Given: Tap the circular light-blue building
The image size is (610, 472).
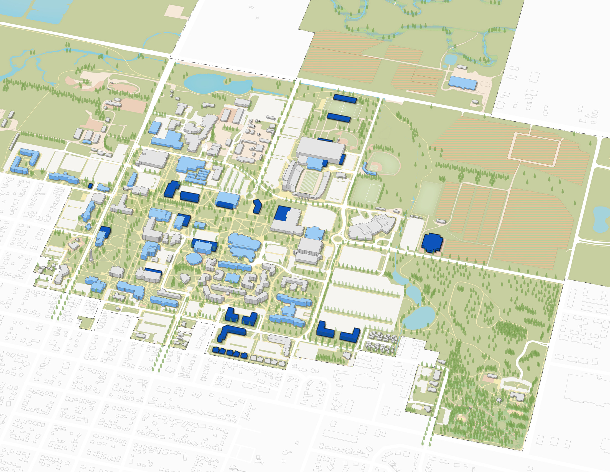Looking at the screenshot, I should click(x=194, y=259).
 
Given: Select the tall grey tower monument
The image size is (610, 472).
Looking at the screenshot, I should click(x=91, y=255).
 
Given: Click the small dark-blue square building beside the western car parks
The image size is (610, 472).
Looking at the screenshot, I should click(x=90, y=185).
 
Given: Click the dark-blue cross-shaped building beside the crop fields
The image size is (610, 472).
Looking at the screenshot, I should click(x=432, y=242).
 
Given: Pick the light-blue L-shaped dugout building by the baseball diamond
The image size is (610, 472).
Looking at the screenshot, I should click(x=369, y=169).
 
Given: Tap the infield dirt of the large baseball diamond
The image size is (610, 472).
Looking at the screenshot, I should click(x=374, y=167).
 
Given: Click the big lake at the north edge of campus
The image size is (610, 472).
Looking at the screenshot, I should click(x=215, y=83).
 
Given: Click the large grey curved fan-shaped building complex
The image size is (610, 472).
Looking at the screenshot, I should click(x=372, y=227).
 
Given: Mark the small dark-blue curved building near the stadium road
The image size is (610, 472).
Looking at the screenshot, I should click(x=257, y=206).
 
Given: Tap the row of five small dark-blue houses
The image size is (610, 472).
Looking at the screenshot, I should click(x=230, y=353).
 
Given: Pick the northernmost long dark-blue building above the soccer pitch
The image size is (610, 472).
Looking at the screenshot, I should click(x=345, y=99).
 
